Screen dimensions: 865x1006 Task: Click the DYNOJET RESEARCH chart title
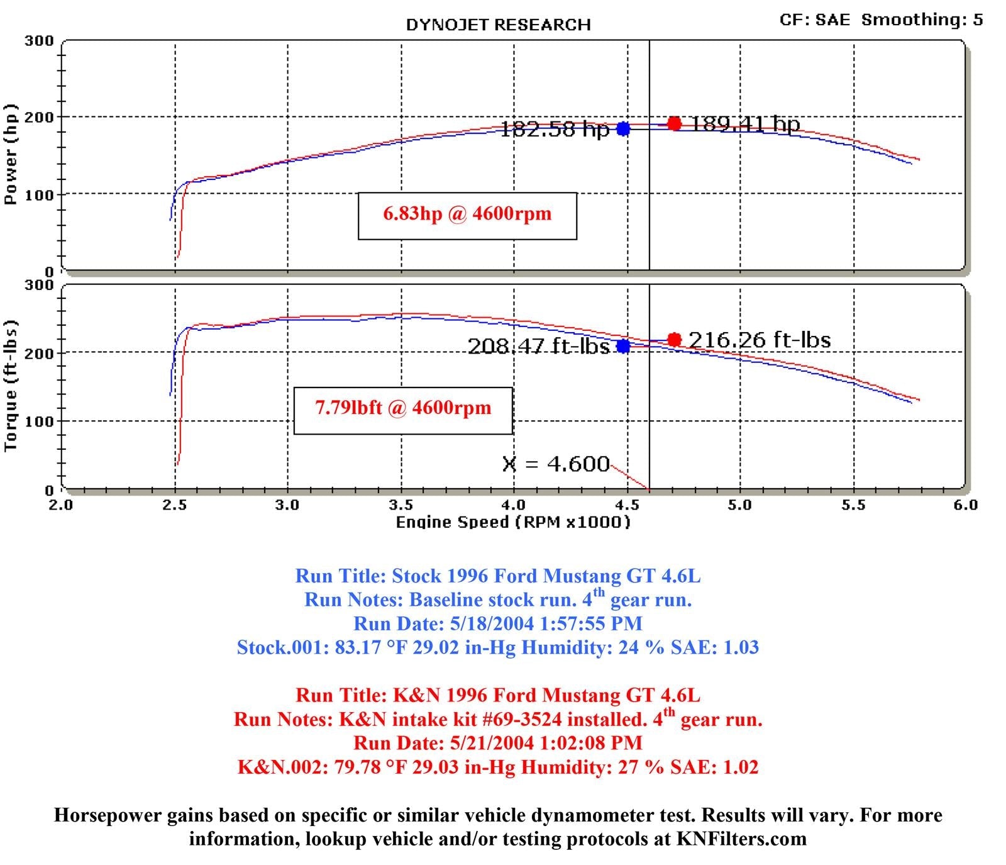point(498,25)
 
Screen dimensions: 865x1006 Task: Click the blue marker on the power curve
point(623,128)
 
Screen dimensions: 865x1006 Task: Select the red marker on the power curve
point(674,123)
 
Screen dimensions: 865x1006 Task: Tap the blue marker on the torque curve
point(623,346)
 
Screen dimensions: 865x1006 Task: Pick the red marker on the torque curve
point(674,340)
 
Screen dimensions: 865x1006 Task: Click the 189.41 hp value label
point(745,124)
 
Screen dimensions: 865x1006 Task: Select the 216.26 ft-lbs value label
point(760,340)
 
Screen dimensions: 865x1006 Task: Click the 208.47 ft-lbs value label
point(538,346)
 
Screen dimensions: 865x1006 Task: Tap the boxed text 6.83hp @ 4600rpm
point(467,214)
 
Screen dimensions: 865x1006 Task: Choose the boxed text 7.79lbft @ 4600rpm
point(403,408)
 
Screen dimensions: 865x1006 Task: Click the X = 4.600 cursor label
point(556,464)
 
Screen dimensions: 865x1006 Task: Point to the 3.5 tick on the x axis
point(401,505)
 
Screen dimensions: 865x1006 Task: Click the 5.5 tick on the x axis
point(853,505)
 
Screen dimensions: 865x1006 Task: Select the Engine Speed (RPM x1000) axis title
point(512,522)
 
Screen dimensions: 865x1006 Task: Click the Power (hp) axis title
point(11,155)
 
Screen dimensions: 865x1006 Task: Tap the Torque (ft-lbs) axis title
point(11,386)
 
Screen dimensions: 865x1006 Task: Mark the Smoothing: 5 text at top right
point(922,20)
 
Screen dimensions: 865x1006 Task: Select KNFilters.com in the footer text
point(741,839)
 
